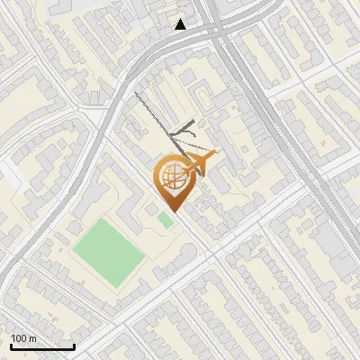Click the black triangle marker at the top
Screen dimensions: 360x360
tap(181, 24)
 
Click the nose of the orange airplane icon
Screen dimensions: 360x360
tap(214, 156)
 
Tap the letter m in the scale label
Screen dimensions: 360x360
tap(32, 338)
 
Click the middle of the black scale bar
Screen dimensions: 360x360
tap(42, 346)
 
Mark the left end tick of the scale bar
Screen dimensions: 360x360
tap(11, 346)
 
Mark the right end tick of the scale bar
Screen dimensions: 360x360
tap(74, 346)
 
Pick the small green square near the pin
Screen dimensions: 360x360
tap(166, 220)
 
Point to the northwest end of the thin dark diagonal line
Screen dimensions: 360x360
tap(135, 92)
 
